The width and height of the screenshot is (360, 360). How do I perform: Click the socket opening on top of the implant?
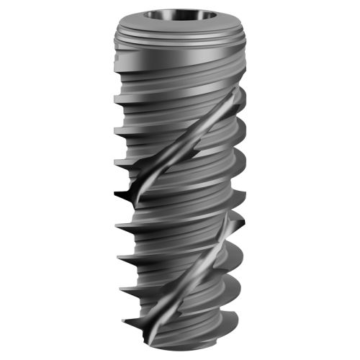[179, 15]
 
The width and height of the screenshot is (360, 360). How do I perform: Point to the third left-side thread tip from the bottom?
[117, 255]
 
